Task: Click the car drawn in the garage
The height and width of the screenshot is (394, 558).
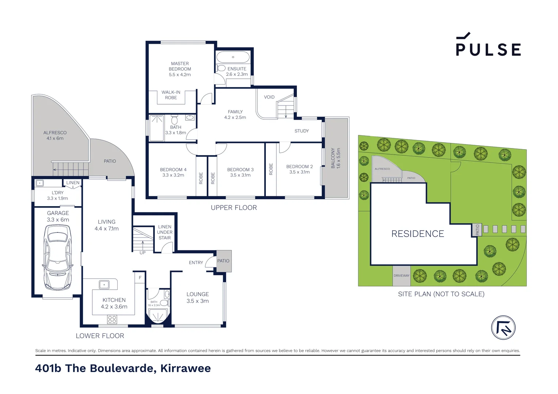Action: click(57, 257)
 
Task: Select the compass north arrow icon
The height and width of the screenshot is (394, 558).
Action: click(503, 328)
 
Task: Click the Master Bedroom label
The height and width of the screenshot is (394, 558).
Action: click(180, 66)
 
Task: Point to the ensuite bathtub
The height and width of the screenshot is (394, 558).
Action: click(233, 57)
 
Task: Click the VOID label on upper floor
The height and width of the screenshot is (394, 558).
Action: click(269, 97)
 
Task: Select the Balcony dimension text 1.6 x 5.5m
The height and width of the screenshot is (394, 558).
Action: click(339, 158)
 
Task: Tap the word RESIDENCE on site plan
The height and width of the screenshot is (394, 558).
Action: click(417, 234)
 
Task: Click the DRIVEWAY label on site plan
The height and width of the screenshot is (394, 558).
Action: click(401, 276)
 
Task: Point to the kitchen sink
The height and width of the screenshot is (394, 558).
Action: click(104, 284)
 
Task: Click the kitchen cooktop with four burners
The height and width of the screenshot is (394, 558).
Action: click(112, 320)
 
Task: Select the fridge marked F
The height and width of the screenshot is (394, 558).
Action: click(140, 278)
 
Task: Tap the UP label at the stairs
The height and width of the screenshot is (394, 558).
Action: click(142, 252)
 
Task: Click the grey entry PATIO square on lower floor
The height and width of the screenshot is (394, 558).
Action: click(223, 261)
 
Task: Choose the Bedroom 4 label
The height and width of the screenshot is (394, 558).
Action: click(173, 170)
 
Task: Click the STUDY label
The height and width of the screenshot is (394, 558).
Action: click(302, 131)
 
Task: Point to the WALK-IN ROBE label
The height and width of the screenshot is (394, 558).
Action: click(171, 95)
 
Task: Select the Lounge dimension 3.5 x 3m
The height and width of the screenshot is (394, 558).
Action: click(198, 301)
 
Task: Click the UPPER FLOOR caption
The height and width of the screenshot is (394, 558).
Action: click(234, 208)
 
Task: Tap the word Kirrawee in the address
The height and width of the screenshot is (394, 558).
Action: click(186, 368)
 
